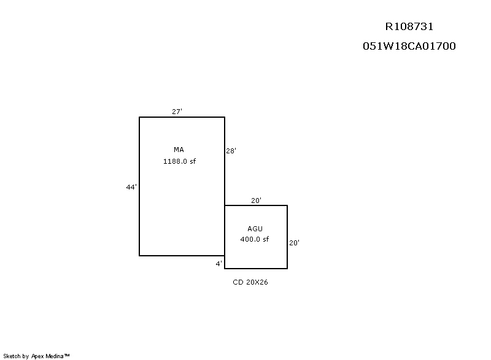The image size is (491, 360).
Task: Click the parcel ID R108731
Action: click(x=409, y=26)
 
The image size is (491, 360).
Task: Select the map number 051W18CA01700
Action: click(x=409, y=46)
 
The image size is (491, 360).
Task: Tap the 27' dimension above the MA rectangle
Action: click(x=177, y=112)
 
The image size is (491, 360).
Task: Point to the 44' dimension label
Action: click(x=131, y=187)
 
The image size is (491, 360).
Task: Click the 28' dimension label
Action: click(x=231, y=151)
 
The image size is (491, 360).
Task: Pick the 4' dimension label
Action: click(x=219, y=264)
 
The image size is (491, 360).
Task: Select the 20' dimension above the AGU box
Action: click(x=256, y=201)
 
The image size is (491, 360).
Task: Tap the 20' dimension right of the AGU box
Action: click(x=294, y=243)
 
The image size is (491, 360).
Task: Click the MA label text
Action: click(x=179, y=150)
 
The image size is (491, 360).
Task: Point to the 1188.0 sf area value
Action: click(x=179, y=161)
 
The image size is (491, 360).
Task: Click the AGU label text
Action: click(x=255, y=229)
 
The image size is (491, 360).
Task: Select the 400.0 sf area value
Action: click(x=255, y=239)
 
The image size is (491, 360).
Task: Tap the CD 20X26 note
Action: click(x=250, y=282)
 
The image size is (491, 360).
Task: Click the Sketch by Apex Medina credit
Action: click(x=36, y=356)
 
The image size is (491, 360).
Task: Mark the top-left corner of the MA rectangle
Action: click(x=139, y=117)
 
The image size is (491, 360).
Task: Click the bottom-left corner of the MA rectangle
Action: click(x=139, y=256)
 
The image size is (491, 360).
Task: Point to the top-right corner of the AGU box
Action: click(x=287, y=205)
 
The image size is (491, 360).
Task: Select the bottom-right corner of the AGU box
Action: click(x=287, y=269)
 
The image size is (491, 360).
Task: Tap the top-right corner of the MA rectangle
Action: click(x=225, y=117)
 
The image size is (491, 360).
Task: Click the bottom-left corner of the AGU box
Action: click(x=225, y=269)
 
